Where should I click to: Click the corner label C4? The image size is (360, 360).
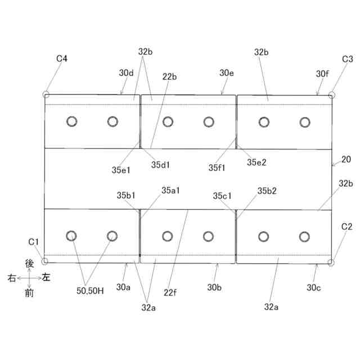tap(62, 58)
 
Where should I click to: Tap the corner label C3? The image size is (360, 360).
tap(348, 58)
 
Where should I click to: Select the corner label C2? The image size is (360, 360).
tap(347, 227)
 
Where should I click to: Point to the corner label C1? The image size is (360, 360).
tap(34, 242)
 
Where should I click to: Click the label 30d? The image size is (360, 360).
tap(126, 73)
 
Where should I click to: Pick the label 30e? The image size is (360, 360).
tap(227, 73)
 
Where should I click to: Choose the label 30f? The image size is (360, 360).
tap(322, 74)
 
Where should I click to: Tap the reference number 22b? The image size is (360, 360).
tap(169, 76)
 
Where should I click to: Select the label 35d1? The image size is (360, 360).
tap(161, 165)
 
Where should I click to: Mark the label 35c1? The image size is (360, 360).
tap(223, 196)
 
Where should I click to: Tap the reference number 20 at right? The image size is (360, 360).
tap(345, 159)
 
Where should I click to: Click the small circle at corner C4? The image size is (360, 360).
tap(46, 94)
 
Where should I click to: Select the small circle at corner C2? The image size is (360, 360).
tap(332, 263)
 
